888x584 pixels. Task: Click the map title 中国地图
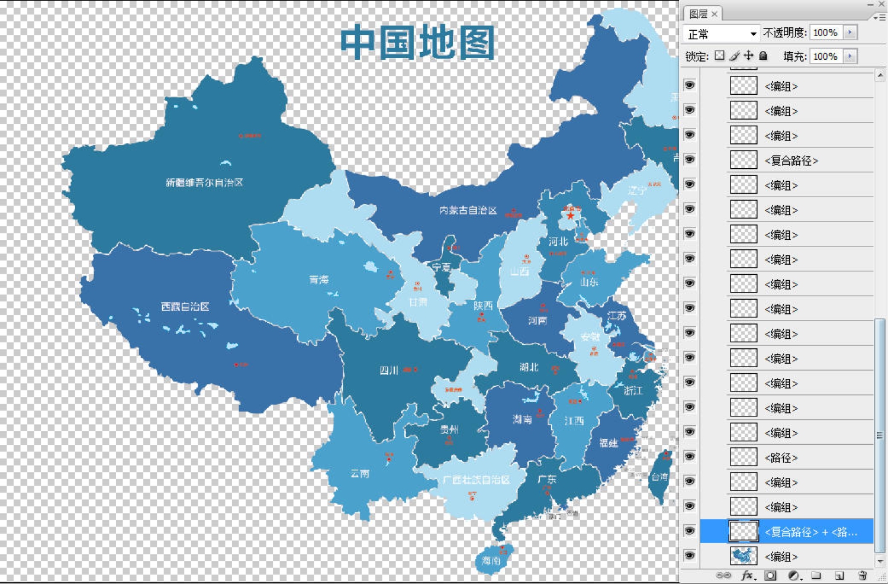tap(417, 43)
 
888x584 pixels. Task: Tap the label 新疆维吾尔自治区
tap(204, 182)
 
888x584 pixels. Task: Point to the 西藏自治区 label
tap(185, 306)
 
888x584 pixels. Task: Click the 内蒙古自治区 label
tap(468, 210)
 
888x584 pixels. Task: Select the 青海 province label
tap(318, 279)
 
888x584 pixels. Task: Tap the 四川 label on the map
tap(389, 370)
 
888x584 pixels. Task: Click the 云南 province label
tap(360, 473)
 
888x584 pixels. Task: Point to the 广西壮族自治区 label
tap(476, 479)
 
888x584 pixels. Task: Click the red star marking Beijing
tap(570, 216)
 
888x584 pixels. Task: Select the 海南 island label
tap(491, 560)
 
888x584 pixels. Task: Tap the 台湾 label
tap(659, 476)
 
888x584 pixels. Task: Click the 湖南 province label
tap(522, 419)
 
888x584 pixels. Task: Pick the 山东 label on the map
tap(589, 282)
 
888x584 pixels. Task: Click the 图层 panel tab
tap(699, 14)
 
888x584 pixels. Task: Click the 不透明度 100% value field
tap(825, 33)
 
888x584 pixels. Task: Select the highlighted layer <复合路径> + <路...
tap(810, 532)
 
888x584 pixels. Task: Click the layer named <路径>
tap(781, 458)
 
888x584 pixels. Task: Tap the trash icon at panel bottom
tap(863, 575)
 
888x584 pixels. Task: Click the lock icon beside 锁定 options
tap(764, 56)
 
